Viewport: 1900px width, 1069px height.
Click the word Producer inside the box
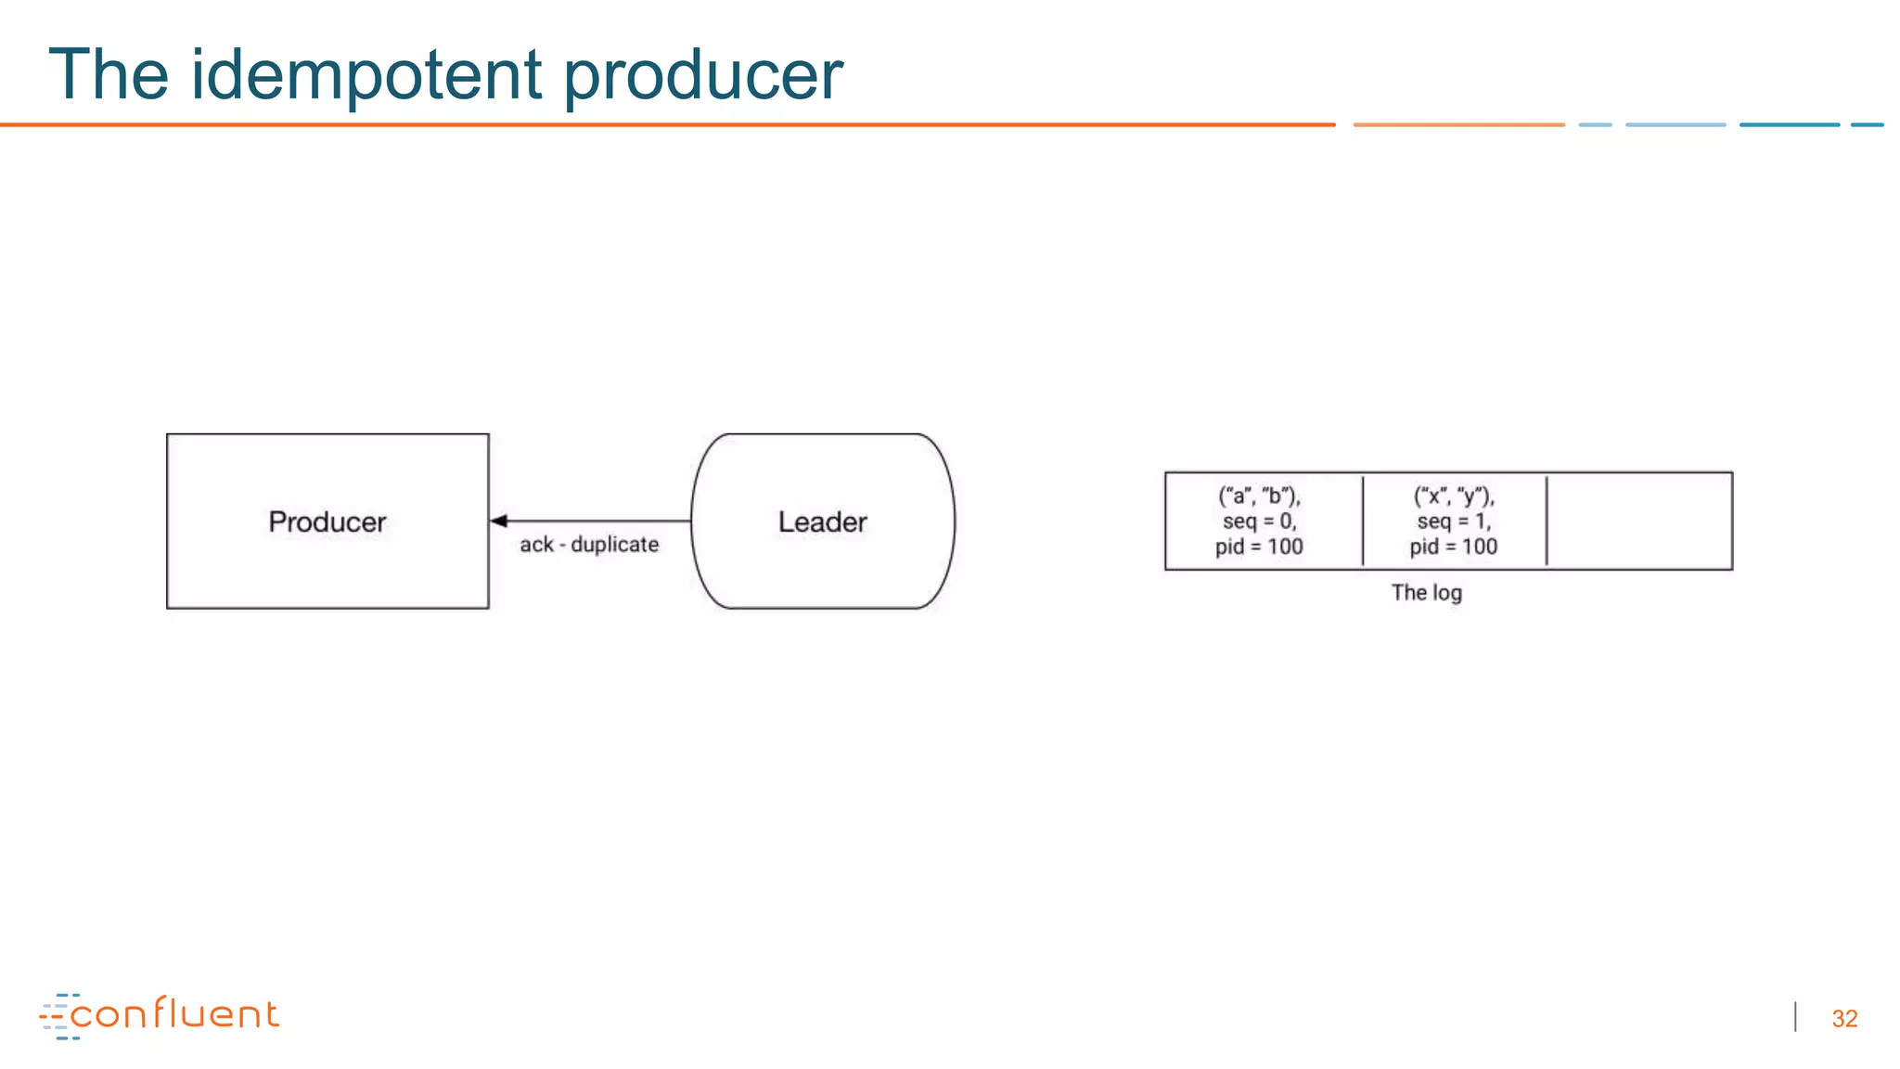click(x=327, y=522)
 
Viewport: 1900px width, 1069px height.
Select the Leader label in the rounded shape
click(x=822, y=522)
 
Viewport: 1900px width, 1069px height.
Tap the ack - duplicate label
click(x=589, y=545)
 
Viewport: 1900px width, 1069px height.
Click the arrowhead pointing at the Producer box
click(x=499, y=521)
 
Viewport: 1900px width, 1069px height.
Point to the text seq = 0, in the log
click(x=1259, y=522)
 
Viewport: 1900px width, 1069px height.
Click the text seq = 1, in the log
click(x=1453, y=522)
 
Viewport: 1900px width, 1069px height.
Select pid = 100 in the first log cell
click(x=1259, y=547)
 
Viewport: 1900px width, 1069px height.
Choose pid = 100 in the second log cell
click(x=1453, y=547)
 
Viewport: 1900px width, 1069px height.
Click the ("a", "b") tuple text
click(x=1259, y=496)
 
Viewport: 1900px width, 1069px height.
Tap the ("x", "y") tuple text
click(x=1453, y=496)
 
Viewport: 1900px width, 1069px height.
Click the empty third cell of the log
click(x=1638, y=521)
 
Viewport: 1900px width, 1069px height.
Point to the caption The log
click(x=1426, y=592)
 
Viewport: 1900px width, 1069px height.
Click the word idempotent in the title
click(x=366, y=74)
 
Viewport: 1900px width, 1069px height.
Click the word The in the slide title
click(x=108, y=74)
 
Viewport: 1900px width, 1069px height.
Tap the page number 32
click(x=1844, y=1019)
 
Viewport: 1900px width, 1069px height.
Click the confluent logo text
click(x=174, y=1014)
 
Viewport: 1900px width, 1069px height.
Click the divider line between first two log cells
click(x=1363, y=521)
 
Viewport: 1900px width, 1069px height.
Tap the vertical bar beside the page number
click(x=1796, y=1017)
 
